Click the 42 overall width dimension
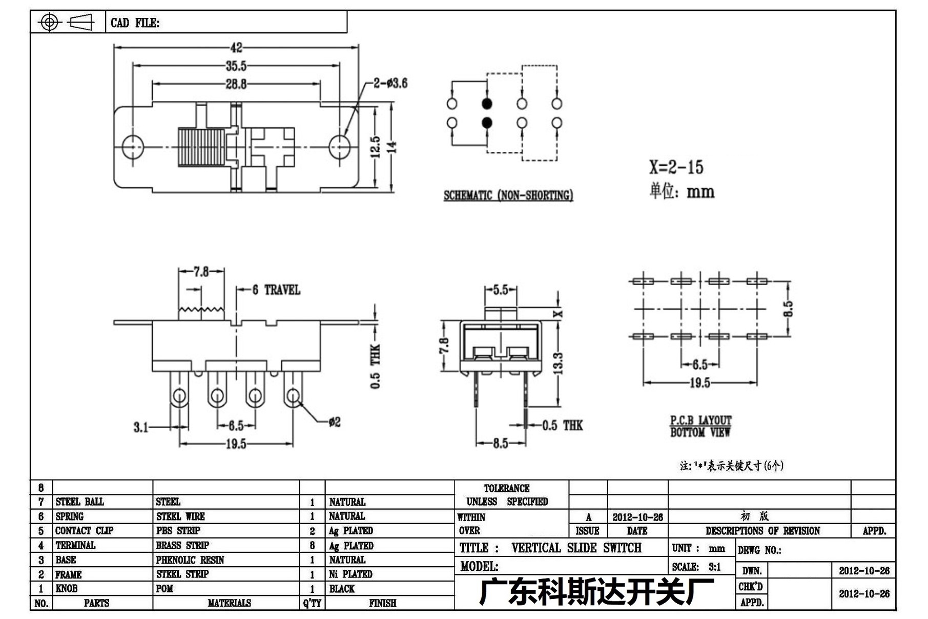pos(236,48)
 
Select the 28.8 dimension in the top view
pos(236,84)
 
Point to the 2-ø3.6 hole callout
pos(390,83)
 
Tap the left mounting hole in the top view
pos(133,147)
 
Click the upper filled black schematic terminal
pos(487,104)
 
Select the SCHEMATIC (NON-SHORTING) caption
pos(508,195)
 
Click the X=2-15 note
pos(676,167)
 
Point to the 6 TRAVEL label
pos(276,290)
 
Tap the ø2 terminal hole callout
pos(335,422)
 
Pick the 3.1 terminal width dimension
pos(141,427)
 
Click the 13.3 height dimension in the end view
pos(559,363)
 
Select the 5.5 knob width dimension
pos(501,290)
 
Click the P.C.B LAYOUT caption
pos(701,420)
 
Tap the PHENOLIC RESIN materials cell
pos(190,560)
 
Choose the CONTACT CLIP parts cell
pos(84,531)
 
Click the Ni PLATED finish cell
pos(350,574)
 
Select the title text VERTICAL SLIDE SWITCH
pos(576,548)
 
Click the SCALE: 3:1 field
pos(696,567)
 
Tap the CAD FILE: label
pos(135,23)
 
